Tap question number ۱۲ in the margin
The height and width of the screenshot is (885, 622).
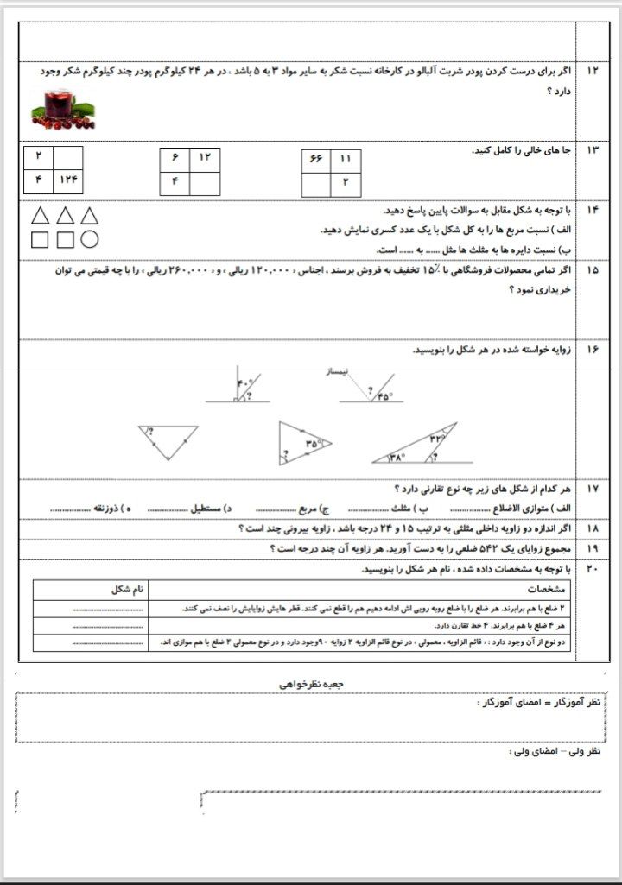tap(592, 71)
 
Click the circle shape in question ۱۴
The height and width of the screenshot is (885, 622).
tap(89, 239)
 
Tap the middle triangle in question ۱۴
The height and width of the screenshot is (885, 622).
tap(64, 216)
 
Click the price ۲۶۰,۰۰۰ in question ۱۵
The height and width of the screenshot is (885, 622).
tap(183, 271)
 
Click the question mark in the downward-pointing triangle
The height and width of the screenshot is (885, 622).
tap(151, 432)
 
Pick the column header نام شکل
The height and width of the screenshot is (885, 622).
tap(128, 590)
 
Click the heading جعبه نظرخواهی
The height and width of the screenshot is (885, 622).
tap(311, 682)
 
